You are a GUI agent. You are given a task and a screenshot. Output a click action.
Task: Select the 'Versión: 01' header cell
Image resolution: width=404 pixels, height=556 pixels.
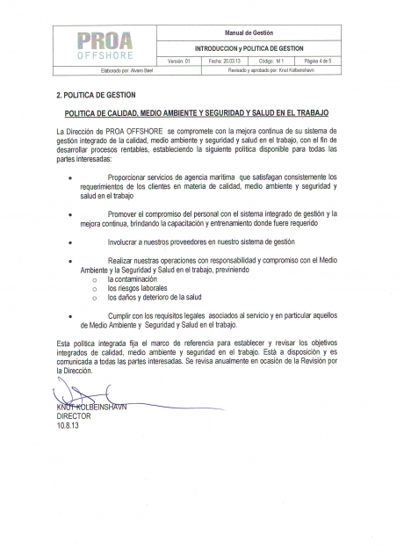click(179, 61)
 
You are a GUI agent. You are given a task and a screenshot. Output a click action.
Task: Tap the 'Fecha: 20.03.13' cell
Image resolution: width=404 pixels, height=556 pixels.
click(225, 61)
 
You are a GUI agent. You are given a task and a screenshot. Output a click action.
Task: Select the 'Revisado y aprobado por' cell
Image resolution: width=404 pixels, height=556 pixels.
click(256, 69)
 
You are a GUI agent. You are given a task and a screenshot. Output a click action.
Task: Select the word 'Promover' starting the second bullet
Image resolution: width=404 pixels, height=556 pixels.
click(124, 213)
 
